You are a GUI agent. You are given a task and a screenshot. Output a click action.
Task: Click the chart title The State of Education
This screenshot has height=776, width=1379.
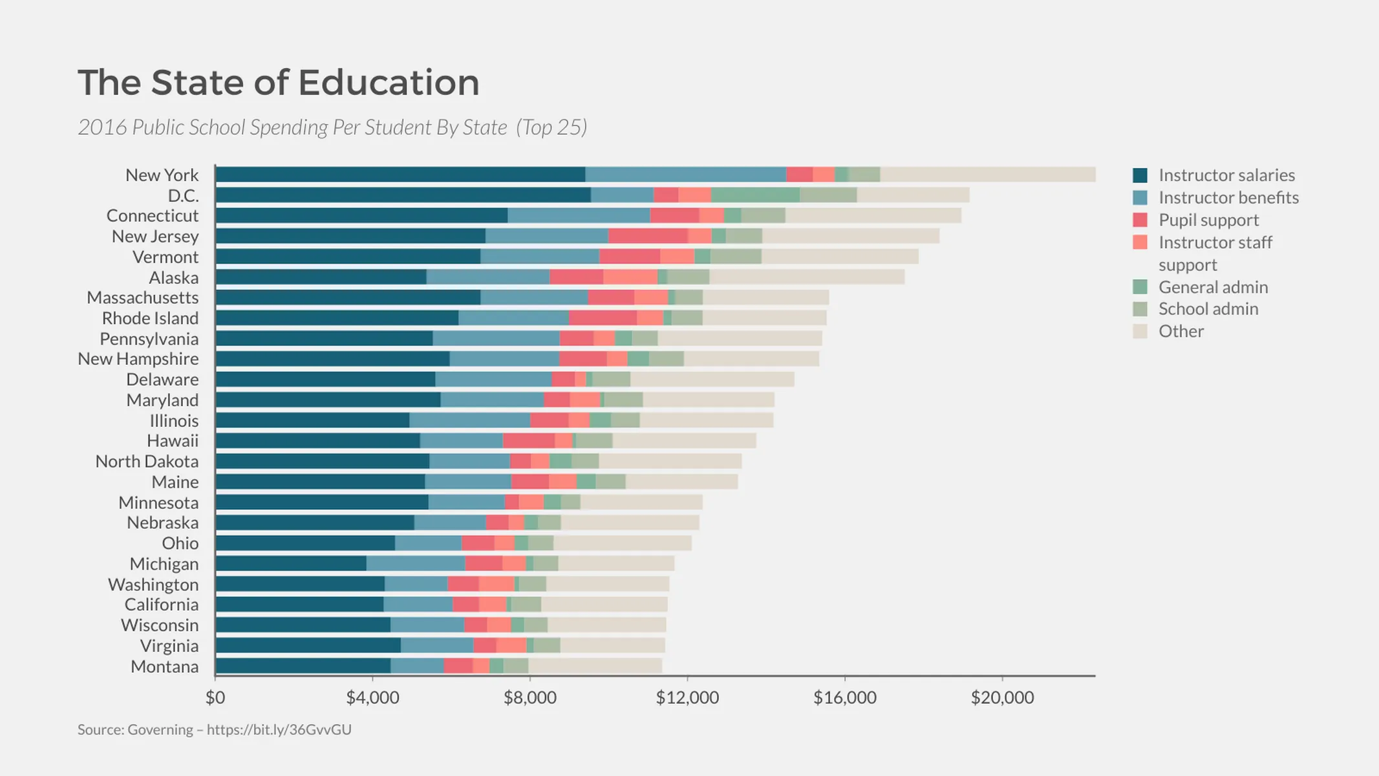coord(279,83)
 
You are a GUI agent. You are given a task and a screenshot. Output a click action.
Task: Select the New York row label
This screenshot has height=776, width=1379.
coord(162,175)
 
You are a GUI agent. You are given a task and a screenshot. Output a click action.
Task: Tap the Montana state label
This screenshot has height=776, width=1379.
coord(164,667)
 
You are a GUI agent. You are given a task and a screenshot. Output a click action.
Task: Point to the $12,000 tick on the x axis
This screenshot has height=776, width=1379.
coord(687,698)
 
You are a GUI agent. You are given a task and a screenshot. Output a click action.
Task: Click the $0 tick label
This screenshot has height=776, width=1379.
coord(215,698)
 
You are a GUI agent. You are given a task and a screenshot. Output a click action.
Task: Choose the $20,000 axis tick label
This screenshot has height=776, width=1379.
coord(1001,698)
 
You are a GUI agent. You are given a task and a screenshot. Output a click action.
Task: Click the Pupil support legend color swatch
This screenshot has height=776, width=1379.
coord(1140,220)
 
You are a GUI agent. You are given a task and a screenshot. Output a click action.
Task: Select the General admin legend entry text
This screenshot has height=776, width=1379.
coord(1213,287)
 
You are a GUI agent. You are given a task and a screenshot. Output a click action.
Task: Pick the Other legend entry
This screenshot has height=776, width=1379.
coord(1181,331)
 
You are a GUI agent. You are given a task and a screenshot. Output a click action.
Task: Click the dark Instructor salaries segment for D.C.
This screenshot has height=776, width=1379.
coord(403,195)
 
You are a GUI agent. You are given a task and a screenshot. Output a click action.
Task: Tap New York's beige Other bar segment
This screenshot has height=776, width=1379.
coord(987,175)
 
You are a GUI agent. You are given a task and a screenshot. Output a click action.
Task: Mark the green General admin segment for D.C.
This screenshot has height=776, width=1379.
coord(755,195)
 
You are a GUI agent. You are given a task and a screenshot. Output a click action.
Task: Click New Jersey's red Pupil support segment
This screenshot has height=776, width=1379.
coord(648,236)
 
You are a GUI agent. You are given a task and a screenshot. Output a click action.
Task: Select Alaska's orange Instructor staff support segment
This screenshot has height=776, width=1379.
coord(630,277)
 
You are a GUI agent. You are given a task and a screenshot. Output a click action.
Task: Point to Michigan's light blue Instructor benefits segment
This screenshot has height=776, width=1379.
coord(416,564)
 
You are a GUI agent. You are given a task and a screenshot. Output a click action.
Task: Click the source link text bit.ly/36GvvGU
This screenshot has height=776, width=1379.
coord(279,730)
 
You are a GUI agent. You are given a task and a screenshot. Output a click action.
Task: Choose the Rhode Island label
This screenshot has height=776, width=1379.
coord(150,318)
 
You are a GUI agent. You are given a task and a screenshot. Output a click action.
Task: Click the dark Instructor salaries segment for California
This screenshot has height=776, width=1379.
coord(299,605)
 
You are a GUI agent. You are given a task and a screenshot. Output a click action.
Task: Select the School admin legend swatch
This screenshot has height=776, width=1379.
coord(1140,309)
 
